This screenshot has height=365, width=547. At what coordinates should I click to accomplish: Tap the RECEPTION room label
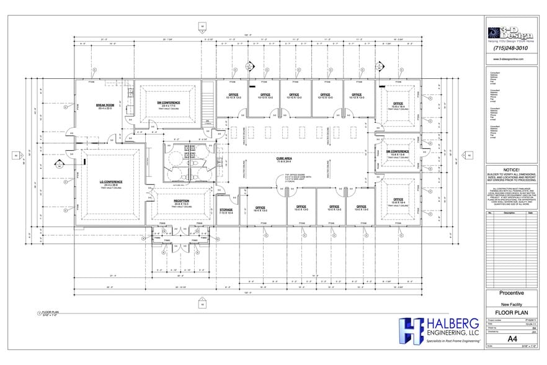click(181, 202)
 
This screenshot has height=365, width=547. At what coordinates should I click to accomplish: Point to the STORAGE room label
click(226, 211)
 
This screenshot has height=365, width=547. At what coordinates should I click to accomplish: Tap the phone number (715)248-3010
click(511, 48)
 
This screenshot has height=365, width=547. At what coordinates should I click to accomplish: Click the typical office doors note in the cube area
click(290, 179)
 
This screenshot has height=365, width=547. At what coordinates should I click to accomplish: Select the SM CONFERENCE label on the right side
click(398, 152)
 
